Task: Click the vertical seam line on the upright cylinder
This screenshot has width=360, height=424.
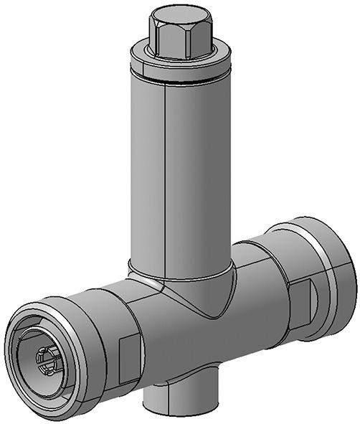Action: click(166, 179)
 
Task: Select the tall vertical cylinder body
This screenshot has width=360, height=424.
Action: click(197, 172)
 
